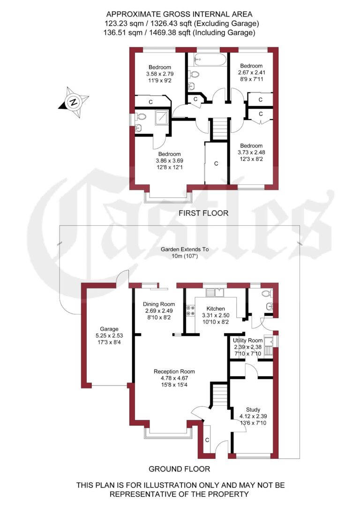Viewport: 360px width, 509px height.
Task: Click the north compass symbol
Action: tap(73, 102)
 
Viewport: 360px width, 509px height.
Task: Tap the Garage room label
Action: tap(109, 329)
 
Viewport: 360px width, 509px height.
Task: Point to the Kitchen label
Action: tap(213, 309)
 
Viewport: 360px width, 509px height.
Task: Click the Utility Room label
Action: tap(248, 340)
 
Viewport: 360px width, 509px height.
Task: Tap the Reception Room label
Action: tap(174, 372)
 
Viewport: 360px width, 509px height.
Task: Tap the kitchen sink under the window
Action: tap(217, 292)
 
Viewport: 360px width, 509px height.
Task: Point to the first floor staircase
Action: tap(217, 129)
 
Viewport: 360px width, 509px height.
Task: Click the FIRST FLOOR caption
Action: tap(203, 213)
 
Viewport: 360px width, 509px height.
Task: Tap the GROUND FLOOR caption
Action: tap(179, 469)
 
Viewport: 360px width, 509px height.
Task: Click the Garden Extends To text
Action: tap(184, 250)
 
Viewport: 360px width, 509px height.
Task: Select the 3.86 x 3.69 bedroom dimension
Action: tap(169, 161)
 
